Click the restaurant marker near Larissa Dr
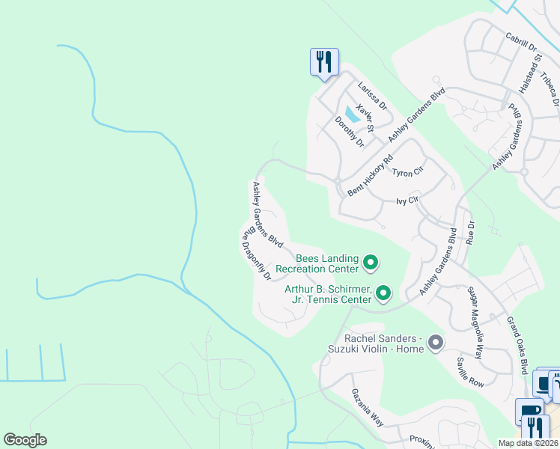coord(324,61)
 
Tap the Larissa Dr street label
coord(372,95)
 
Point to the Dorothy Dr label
coord(349,132)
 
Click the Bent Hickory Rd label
coord(371,176)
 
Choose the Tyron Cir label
coord(408,172)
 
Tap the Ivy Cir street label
coord(407,201)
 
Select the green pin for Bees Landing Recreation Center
coord(370,263)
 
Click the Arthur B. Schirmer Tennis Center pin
coord(383,293)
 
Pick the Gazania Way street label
coord(368,407)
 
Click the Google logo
coord(25,440)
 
